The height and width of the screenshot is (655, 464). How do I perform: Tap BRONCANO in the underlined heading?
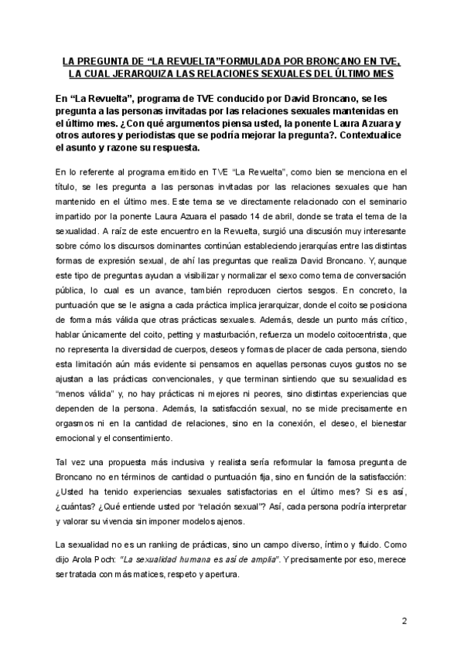(335, 60)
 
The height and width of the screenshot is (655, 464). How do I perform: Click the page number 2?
(404, 621)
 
